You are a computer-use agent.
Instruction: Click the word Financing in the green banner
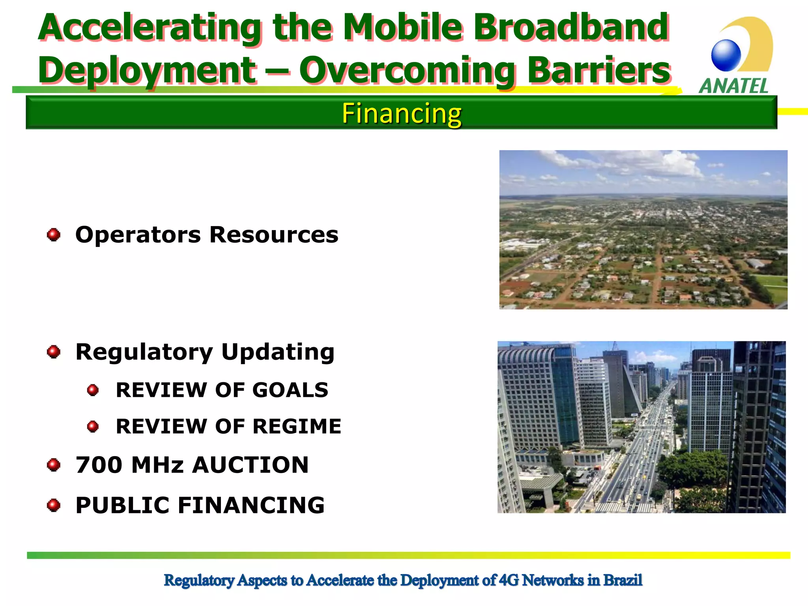click(401, 114)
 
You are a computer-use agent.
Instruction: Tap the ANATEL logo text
click(733, 86)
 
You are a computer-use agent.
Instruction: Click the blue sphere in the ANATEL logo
click(726, 55)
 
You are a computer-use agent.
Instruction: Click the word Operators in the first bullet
click(138, 235)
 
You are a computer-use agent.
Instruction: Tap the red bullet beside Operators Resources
click(54, 235)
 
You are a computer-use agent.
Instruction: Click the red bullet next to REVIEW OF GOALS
click(93, 390)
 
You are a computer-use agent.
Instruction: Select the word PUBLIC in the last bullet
click(122, 505)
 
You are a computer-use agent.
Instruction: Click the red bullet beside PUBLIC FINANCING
click(54, 505)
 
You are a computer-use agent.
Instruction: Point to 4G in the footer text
click(509, 580)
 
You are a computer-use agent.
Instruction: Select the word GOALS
click(290, 390)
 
